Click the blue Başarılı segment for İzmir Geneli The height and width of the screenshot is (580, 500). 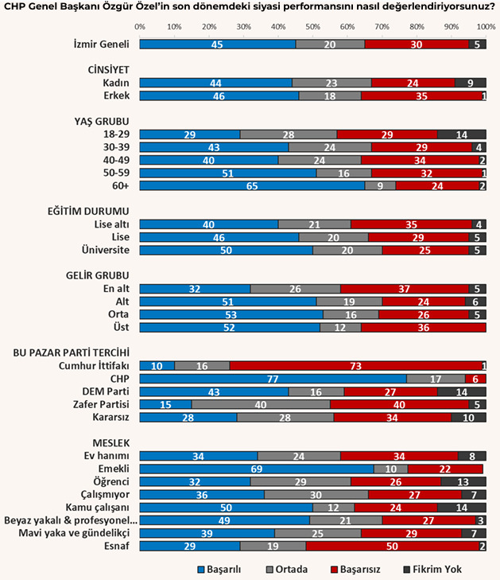217,45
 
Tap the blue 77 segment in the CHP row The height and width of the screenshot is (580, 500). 273,379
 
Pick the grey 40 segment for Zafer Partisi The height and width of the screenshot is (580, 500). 261,404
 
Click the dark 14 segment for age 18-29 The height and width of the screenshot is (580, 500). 461,134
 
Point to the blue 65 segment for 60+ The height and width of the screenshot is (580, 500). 252,185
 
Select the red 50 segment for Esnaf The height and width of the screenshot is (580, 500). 393,545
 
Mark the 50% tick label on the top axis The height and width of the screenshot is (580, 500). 313,26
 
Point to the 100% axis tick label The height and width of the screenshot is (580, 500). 483,26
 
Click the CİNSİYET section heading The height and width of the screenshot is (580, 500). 108,70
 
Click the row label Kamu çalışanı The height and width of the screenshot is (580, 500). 98,507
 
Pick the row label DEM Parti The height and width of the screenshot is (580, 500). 106,391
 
